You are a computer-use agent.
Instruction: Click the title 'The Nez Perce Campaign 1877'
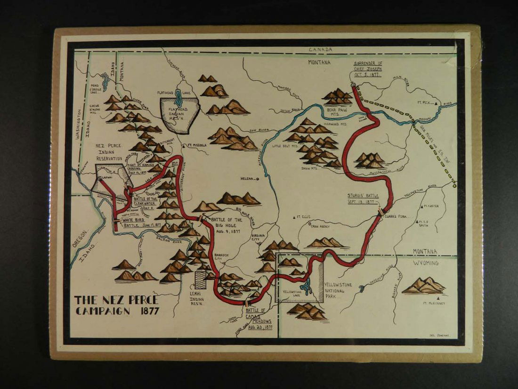(x=117, y=306)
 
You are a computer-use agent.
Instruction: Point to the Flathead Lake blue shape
(x=178, y=98)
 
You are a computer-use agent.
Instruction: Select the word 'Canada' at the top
(x=320, y=50)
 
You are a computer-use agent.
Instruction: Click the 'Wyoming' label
(x=426, y=263)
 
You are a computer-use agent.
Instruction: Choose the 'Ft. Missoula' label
(x=196, y=145)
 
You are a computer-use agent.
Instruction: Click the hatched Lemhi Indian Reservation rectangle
(x=201, y=280)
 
